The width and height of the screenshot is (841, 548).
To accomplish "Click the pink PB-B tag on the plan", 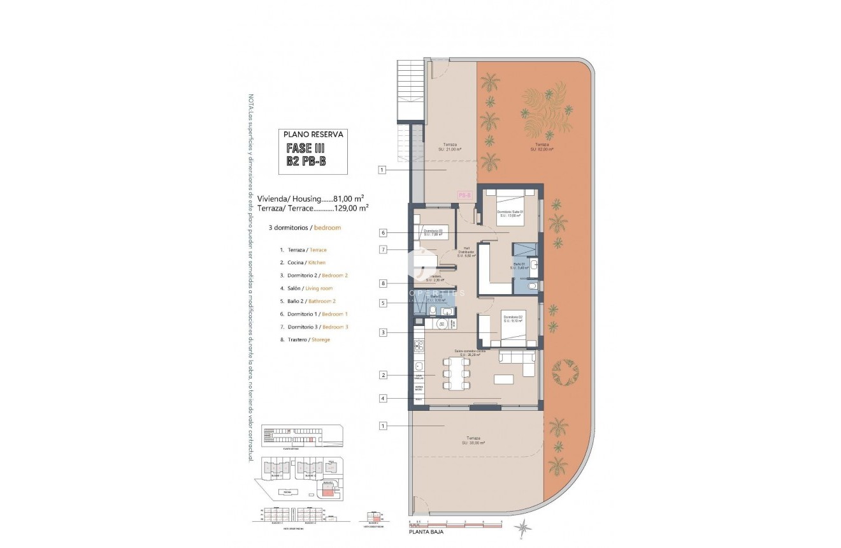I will (464, 196).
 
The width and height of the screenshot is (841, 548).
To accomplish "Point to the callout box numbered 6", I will (383, 233).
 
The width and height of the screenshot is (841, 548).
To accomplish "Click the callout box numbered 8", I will (383, 283).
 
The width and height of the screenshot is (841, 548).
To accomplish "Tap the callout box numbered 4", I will (383, 399).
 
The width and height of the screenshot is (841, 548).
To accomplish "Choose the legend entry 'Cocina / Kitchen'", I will (303, 263).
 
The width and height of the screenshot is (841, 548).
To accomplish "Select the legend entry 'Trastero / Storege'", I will (305, 339).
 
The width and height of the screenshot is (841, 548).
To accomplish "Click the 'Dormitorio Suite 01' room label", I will (512, 213).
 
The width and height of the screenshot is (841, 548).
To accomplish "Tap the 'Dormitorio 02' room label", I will (513, 318).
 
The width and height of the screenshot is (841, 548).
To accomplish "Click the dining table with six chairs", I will (456, 375).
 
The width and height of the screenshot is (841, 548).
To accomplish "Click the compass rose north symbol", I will (524, 527).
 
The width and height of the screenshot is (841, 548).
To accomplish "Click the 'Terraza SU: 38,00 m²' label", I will (473, 440).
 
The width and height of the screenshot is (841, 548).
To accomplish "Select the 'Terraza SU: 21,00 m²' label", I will (450, 147).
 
